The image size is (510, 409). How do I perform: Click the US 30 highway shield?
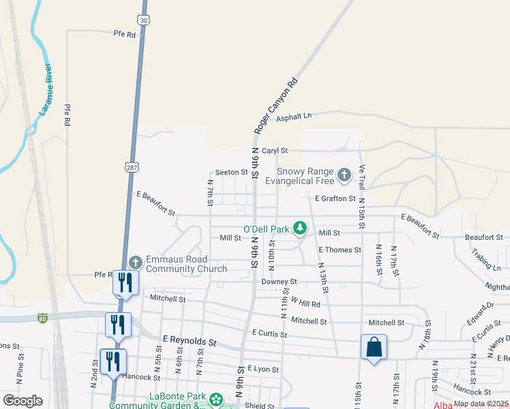click(142, 20)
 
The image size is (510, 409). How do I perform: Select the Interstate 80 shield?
click(42, 317)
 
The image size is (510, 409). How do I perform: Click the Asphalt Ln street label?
click(293, 118)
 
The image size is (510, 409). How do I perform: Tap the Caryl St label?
click(275, 150)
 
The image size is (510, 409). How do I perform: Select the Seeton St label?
click(231, 172)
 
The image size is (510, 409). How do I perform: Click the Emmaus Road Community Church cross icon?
click(135, 262)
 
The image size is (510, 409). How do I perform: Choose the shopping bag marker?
click(374, 347)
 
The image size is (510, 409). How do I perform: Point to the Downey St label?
click(280, 281)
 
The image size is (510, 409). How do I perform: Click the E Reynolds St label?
click(189, 339)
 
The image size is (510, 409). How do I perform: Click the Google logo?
click(23, 401)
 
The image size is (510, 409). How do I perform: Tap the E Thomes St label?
click(340, 250)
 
